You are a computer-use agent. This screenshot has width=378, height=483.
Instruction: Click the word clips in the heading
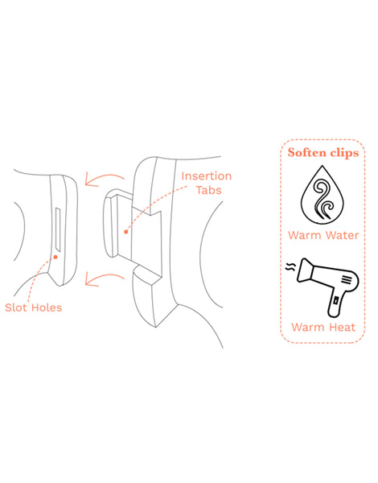[347, 151]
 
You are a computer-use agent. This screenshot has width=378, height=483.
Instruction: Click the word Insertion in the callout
[207, 176]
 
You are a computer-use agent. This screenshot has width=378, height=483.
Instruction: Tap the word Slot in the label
[20, 307]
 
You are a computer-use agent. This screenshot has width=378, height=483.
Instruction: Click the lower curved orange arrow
[102, 278]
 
